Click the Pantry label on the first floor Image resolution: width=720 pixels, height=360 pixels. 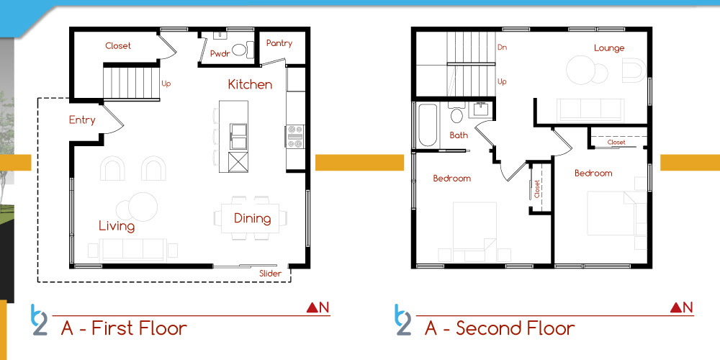pos(279,43)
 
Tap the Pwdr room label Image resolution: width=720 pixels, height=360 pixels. pos(219,53)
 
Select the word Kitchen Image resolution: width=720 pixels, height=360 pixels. pos(251,84)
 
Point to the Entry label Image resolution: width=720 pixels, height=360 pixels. pos(82,120)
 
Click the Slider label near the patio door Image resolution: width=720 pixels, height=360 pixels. pos(271,273)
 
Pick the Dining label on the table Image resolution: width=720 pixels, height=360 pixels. pos(252,219)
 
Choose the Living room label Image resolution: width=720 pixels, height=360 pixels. pos(117,226)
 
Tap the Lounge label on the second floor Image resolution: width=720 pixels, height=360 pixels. pos(609,48)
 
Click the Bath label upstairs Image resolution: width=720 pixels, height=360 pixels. pos(459,135)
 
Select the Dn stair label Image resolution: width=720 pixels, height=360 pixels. pos(502,48)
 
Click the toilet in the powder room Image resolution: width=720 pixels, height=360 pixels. pos(243,50)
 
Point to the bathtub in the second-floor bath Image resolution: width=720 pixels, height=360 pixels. pos(428,125)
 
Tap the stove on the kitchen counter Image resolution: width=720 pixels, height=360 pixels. pos(294,136)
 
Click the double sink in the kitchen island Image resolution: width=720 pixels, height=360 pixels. pos(238,136)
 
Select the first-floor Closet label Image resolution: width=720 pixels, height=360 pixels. pos(118,46)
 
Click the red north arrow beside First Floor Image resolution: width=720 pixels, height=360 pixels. pos(312,308)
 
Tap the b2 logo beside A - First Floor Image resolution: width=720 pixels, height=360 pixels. pos(39,320)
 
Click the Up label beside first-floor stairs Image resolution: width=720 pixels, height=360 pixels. pos(166,84)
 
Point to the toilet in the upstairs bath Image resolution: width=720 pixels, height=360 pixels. pos(456,114)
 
